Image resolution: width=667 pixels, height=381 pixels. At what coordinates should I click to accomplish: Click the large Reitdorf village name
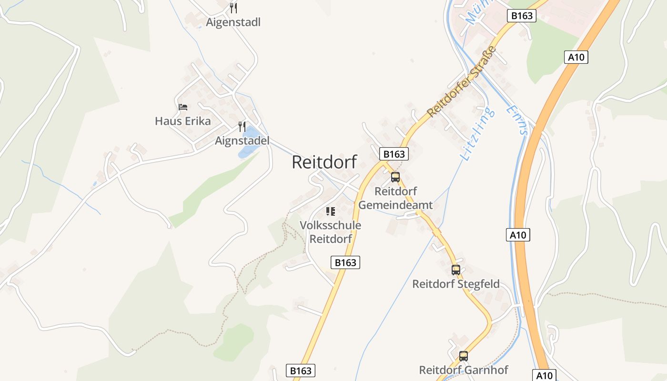pos(324,162)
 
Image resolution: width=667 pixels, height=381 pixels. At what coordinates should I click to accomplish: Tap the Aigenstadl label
pos(233,22)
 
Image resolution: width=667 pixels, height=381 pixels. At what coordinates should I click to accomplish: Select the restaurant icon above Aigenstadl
pos(233,8)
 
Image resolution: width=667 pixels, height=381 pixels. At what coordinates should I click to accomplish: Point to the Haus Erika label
pos(182,121)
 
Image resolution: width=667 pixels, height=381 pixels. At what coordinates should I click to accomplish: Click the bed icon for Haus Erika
pos(182,107)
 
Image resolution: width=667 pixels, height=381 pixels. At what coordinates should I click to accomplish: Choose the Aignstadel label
pos(242,140)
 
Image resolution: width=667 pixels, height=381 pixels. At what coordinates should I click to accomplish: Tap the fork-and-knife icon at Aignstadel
pos(242,127)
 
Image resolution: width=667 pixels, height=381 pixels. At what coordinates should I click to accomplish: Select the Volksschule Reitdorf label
pos(330,231)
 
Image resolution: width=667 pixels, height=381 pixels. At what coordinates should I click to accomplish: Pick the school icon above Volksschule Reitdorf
pos(330,211)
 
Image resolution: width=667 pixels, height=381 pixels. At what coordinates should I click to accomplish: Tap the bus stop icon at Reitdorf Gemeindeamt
pos(395,177)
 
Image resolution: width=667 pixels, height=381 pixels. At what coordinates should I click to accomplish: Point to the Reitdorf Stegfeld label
pos(456,284)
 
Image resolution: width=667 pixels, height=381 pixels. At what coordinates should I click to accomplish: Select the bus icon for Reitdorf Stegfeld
pos(456,270)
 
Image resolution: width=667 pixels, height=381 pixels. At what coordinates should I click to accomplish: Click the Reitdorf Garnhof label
pos(464,370)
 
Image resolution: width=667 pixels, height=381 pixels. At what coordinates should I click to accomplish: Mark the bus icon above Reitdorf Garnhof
pos(464,356)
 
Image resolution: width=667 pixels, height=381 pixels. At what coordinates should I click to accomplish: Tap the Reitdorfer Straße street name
pos(462,81)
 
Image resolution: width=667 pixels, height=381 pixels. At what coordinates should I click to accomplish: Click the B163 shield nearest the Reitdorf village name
pos(394,154)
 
